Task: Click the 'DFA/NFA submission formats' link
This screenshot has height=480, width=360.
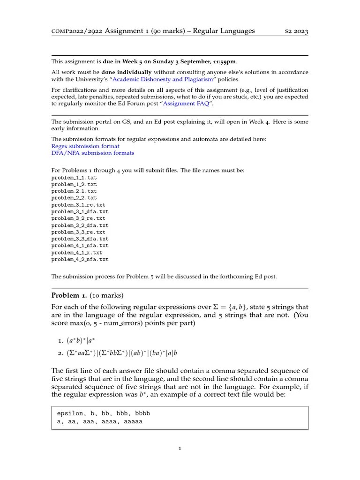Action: coord(92,153)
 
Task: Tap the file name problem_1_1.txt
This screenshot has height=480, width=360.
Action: coord(74,178)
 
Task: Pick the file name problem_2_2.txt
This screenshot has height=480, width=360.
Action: coord(74,198)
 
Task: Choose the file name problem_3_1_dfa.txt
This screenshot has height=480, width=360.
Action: coord(80,211)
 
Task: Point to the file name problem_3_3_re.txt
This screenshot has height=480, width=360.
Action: coord(78,232)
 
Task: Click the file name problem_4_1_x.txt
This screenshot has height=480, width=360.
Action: coord(77,252)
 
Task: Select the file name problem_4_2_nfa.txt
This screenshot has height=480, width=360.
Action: coord(80,259)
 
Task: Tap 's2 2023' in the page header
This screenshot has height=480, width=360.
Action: coord(297,31)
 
